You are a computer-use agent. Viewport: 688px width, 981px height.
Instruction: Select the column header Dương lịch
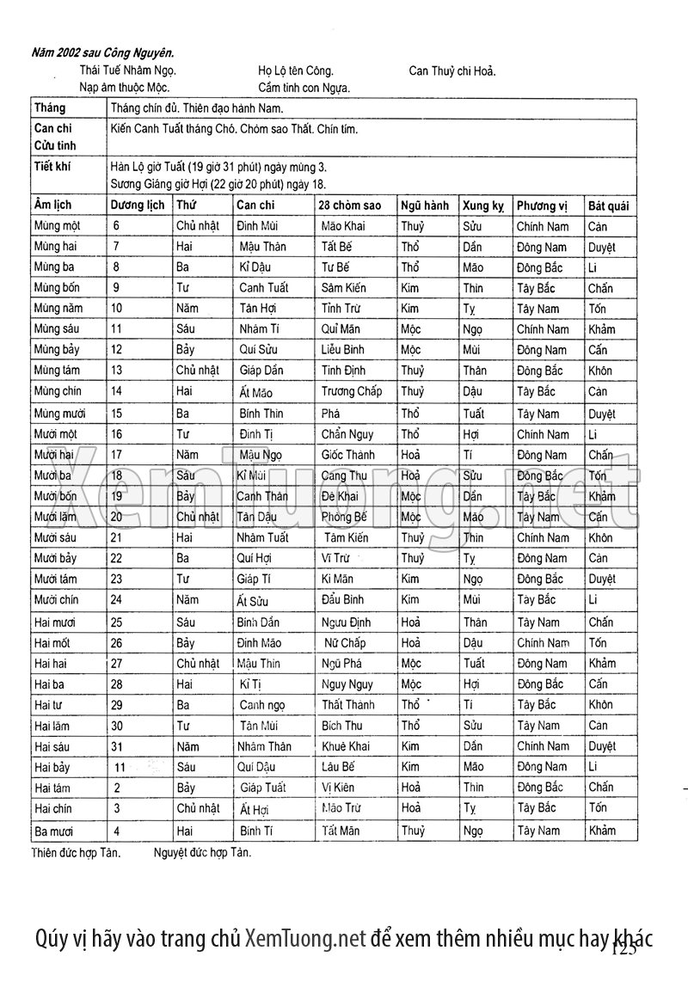[x=138, y=206]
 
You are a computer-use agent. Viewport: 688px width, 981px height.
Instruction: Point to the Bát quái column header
[x=608, y=206]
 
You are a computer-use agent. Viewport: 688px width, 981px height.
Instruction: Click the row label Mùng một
[x=58, y=227]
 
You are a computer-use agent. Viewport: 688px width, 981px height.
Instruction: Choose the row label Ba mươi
[x=57, y=831]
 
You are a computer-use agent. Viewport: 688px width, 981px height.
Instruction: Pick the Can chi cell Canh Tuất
[x=264, y=288]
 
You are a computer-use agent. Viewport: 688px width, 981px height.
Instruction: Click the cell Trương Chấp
[x=351, y=392]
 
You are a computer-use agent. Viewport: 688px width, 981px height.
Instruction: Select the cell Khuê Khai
[x=346, y=746]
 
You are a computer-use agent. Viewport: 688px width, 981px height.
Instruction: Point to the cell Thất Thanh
[x=348, y=705]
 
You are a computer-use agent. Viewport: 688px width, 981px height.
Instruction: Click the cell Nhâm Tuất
[x=262, y=538]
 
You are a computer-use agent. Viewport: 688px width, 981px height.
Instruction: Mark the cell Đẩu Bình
[x=342, y=600]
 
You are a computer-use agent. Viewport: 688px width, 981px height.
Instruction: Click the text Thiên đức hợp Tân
[x=76, y=854]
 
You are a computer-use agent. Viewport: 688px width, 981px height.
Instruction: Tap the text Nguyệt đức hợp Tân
[x=202, y=854]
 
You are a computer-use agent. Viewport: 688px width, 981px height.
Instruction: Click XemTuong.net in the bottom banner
[x=305, y=938]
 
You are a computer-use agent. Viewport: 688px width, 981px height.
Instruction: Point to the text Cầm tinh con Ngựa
[x=304, y=88]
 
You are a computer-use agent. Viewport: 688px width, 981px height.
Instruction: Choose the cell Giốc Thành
[x=348, y=456]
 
